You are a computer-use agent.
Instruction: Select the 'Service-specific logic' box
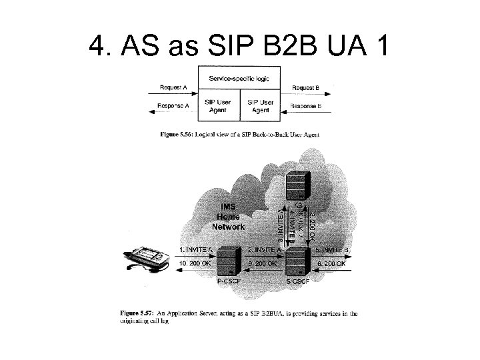tap(239, 79)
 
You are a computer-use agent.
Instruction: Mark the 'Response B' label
tap(307, 105)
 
